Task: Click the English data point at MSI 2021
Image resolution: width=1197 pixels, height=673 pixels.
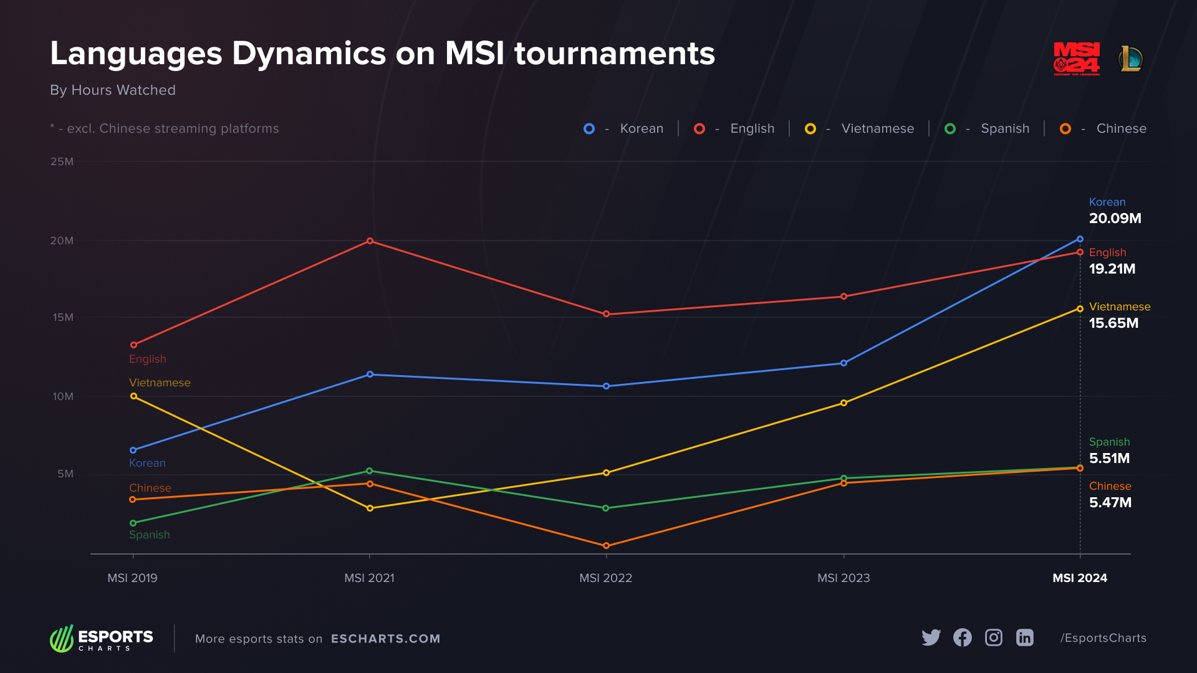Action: pos(370,241)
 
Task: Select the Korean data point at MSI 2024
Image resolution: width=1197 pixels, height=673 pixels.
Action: pos(1080,239)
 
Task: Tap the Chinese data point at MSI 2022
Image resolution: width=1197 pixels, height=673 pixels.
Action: pos(606,546)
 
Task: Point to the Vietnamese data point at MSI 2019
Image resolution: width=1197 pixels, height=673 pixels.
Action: pos(133,396)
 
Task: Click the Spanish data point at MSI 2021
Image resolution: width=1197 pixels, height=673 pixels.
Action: pos(370,470)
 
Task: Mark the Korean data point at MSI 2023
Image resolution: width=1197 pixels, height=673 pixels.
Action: pos(844,363)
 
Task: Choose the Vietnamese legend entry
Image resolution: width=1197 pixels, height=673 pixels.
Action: pos(877,128)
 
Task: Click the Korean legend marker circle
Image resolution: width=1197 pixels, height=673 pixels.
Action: pos(589,128)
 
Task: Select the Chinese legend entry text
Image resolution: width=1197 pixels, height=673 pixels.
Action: pos(1121,128)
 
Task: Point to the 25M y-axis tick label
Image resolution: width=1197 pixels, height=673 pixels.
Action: pos(62,161)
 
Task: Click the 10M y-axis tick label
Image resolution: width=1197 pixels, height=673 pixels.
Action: pos(63,396)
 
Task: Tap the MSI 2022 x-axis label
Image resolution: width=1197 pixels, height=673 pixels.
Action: pos(605,578)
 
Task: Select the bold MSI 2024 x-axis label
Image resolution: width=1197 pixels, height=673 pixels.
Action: pos(1080,578)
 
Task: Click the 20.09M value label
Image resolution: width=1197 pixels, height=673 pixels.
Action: pos(1115,218)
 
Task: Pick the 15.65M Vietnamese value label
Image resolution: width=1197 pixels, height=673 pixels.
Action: pos(1113,323)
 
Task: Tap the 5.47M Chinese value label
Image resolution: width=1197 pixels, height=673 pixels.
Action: pos(1110,502)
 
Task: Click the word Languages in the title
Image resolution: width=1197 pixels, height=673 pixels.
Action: pos(136,54)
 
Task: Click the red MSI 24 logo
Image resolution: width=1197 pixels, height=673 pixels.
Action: pos(1077,59)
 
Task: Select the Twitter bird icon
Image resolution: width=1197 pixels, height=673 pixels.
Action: pos(931,637)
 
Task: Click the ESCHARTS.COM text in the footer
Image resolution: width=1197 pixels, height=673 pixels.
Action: pos(385,639)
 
